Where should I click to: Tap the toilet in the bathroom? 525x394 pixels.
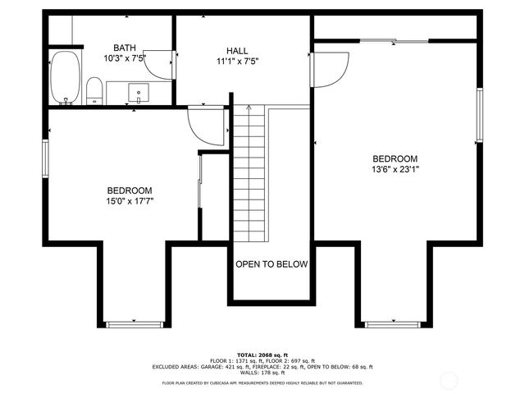pos(94,90)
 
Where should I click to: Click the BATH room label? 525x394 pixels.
pos(125,48)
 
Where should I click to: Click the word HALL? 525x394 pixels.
pos(237,50)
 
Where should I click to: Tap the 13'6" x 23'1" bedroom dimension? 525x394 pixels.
pos(395,170)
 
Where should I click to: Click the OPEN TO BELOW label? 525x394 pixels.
pos(272,264)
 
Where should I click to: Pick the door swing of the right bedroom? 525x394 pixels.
pos(330,69)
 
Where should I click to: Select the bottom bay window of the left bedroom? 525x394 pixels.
pos(135,324)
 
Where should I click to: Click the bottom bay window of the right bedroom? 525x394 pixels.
pos(392,324)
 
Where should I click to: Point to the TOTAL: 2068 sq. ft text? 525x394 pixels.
pos(262,353)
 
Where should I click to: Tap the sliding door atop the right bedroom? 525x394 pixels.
pos(395,40)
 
